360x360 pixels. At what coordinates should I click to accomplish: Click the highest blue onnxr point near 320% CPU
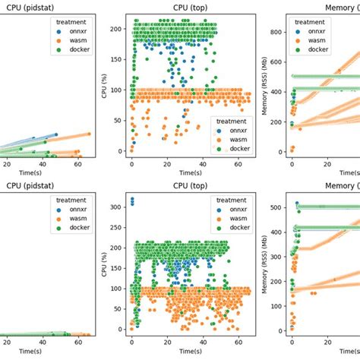coord(132,199)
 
